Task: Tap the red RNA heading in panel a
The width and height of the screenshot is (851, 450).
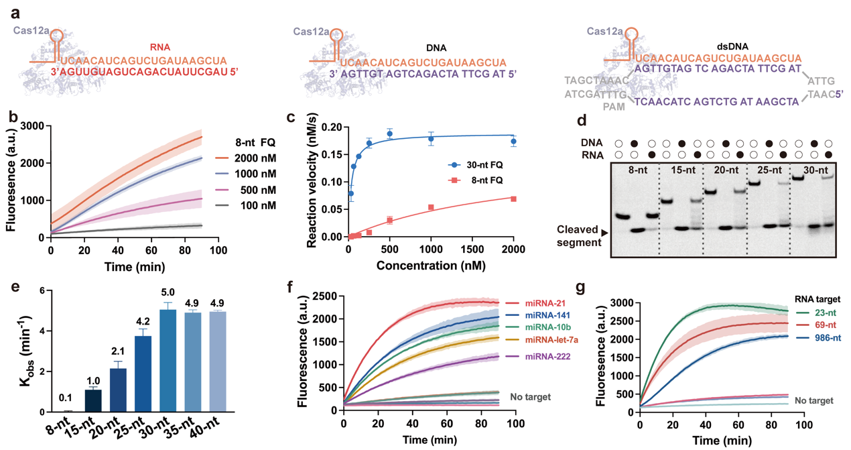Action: click(161, 48)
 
